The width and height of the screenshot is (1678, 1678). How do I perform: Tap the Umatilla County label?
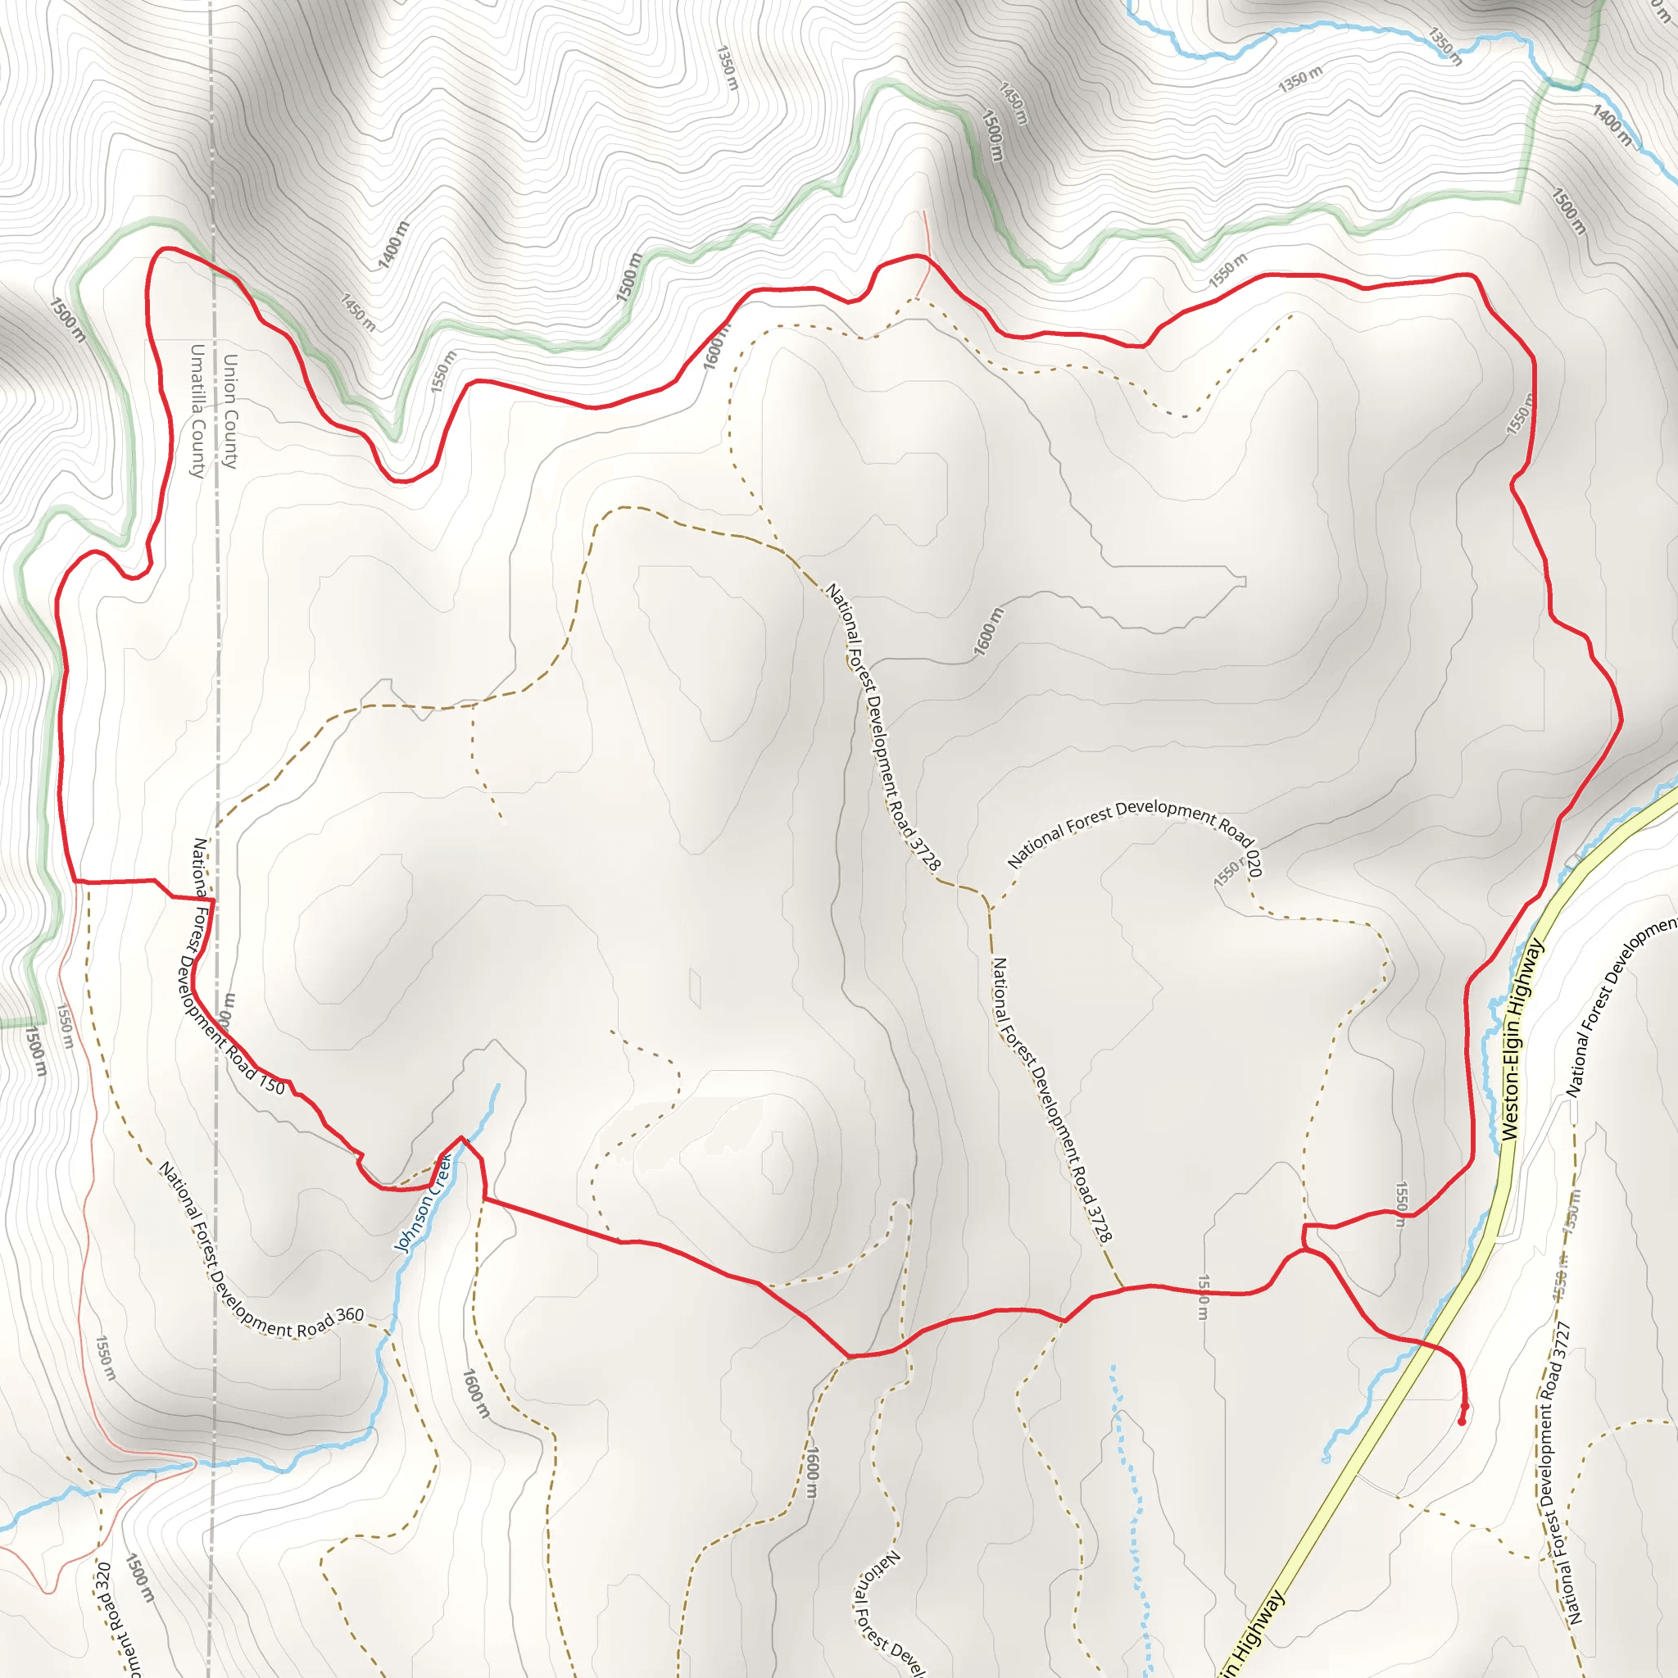pos(197,410)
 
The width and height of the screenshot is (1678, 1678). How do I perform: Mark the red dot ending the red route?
pos(1462,1422)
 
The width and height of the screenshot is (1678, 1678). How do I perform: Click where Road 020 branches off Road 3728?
pos(989,907)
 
